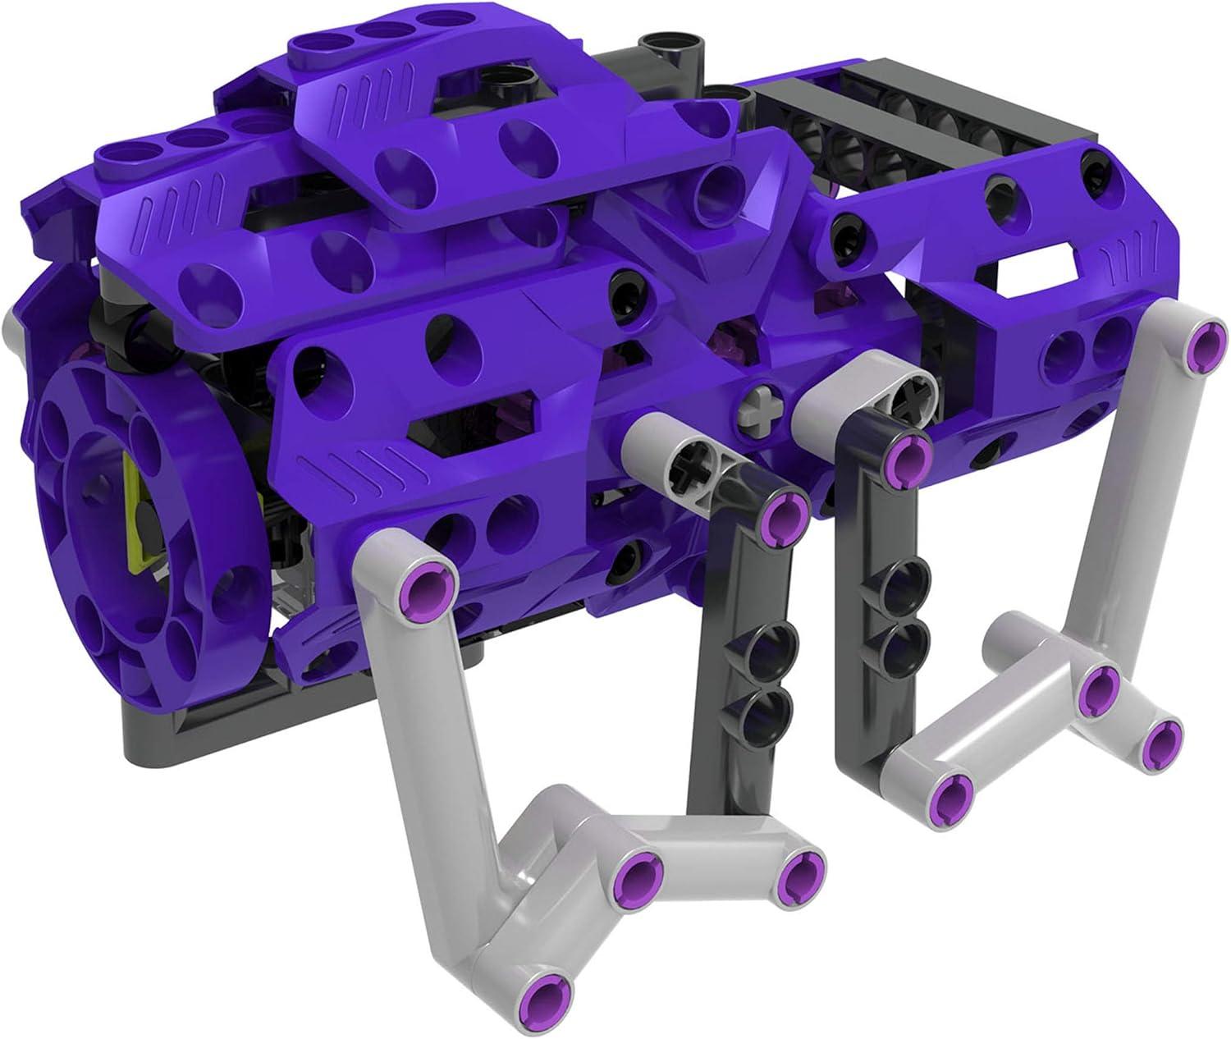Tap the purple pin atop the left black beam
click(782, 514)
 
